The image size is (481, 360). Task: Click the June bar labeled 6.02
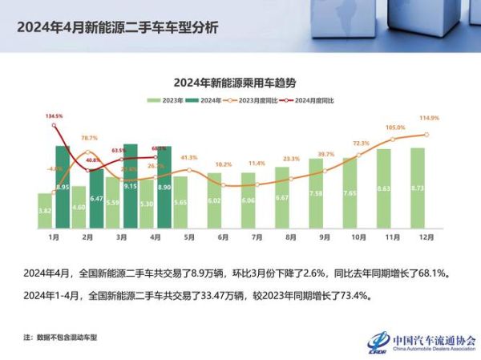tap(214, 201)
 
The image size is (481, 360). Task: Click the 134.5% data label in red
tap(54, 116)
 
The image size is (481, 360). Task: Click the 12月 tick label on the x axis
tap(427, 238)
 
